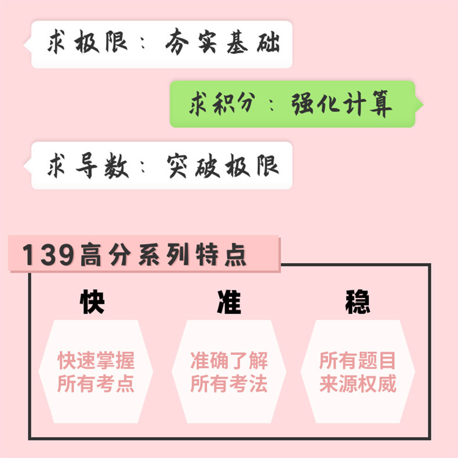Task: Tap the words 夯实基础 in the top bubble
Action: [223, 44]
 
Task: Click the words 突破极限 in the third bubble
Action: [223, 165]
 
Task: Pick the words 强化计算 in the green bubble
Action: [343, 104]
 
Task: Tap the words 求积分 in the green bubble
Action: [221, 104]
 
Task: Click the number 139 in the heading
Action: [48, 256]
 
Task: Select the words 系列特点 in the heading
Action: [192, 256]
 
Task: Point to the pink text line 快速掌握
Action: [96, 361]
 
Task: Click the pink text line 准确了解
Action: [229, 361]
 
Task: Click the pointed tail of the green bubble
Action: [419, 105]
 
